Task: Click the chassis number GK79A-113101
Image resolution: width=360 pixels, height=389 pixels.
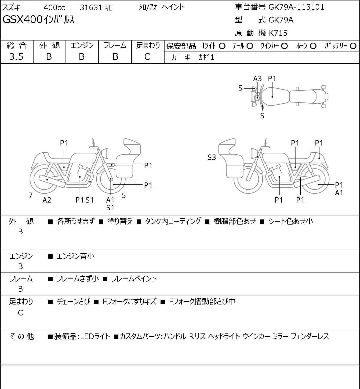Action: coord(296,7)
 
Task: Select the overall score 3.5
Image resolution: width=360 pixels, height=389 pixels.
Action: coord(16,57)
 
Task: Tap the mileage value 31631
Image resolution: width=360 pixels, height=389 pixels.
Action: coord(91,8)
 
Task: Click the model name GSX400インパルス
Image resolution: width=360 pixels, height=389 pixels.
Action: coord(38,20)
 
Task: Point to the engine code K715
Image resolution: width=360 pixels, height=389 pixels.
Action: coord(278,33)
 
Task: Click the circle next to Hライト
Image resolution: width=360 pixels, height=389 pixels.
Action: coord(222,46)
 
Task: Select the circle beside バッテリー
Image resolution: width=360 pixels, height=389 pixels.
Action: coord(353,46)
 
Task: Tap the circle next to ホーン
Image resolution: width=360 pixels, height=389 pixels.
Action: coord(313,46)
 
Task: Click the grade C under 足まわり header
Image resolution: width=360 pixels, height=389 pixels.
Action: coord(147,57)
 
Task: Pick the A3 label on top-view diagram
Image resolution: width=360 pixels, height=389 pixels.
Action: coord(257,79)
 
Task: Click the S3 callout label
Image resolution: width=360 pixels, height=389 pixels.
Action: coord(212,157)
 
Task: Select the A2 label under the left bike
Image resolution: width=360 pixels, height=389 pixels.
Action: coord(47,200)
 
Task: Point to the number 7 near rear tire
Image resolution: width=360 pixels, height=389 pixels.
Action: coord(30,195)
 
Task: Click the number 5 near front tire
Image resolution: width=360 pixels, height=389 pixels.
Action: coord(124,195)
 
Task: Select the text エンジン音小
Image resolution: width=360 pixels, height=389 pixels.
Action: coord(75,256)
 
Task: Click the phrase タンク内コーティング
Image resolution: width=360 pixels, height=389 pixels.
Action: coord(173,221)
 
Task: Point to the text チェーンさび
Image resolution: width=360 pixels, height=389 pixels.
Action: coord(74,302)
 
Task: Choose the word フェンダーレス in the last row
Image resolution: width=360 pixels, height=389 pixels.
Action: coord(310,336)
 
